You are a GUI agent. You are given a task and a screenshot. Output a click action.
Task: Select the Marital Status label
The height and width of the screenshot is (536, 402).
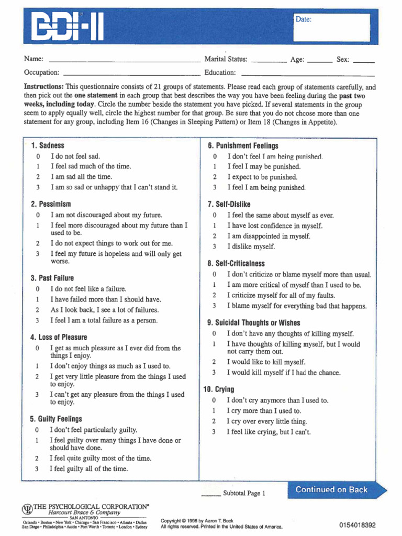pyautogui.click(x=226, y=60)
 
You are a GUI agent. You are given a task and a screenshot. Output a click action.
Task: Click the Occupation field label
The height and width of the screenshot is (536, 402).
pyautogui.click(x=41, y=73)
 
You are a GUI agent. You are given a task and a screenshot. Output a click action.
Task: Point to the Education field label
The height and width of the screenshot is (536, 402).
pyautogui.click(x=220, y=73)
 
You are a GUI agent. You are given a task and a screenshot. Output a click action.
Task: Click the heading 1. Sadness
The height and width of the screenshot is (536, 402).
pyautogui.click(x=48, y=146)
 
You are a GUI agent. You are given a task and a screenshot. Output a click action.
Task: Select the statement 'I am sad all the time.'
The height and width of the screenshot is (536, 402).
pyautogui.click(x=81, y=177)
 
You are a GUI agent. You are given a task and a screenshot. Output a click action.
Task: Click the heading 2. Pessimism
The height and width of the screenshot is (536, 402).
pyautogui.click(x=51, y=204)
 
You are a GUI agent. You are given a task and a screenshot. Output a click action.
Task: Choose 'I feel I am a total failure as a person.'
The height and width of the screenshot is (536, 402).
pyautogui.click(x=104, y=320)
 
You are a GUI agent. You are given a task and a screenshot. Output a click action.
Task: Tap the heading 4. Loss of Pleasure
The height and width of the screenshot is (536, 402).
pyautogui.click(x=59, y=338)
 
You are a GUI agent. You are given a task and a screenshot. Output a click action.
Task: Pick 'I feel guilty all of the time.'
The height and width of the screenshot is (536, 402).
pyautogui.click(x=88, y=469)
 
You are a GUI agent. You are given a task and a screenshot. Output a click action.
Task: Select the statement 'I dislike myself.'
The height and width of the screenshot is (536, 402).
pyautogui.click(x=251, y=247)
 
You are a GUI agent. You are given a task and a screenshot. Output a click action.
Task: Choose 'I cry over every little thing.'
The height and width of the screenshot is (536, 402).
pyautogui.click(x=266, y=421)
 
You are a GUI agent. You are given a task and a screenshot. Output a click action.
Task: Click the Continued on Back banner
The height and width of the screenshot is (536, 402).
pyautogui.click(x=332, y=490)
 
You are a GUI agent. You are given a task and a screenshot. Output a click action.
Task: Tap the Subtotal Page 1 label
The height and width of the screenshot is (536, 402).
pyautogui.click(x=244, y=493)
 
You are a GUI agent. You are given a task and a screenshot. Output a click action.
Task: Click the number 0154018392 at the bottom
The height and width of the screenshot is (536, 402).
pyautogui.click(x=357, y=525)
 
